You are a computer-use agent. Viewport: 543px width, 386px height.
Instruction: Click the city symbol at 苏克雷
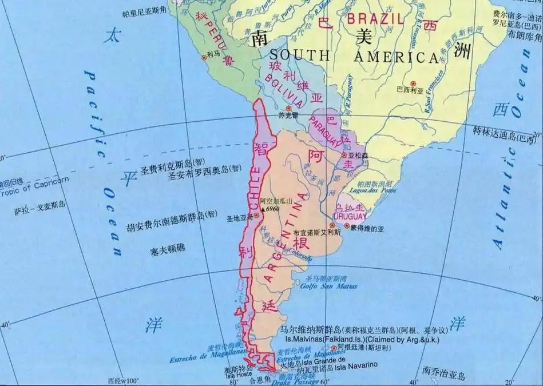click(289, 108)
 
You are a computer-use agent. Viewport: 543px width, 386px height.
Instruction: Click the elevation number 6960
click(271, 210)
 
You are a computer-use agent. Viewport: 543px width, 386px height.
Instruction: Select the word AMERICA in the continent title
click(395, 57)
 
